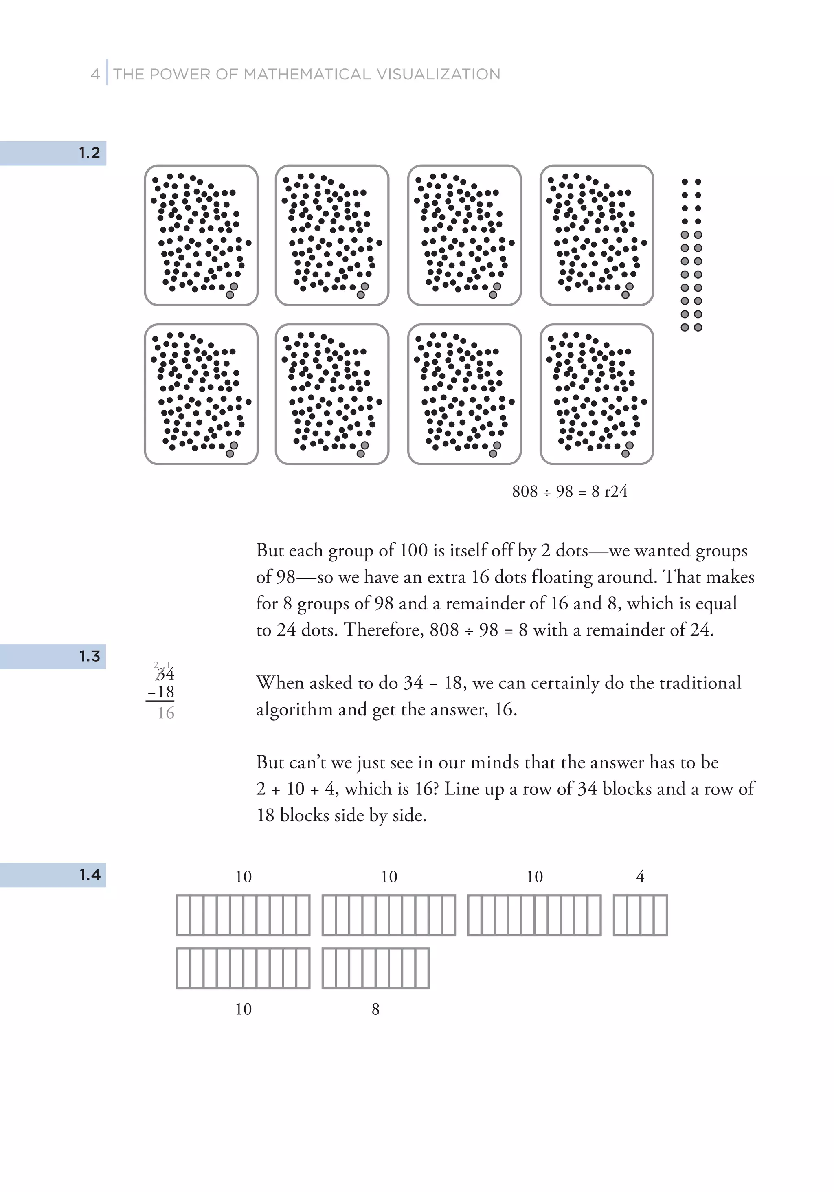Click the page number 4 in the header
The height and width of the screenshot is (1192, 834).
click(x=95, y=74)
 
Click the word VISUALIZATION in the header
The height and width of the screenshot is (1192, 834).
click(x=438, y=74)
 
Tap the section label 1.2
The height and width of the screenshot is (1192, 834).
click(x=89, y=153)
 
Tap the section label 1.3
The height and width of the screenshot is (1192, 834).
click(x=89, y=656)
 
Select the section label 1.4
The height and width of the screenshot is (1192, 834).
click(x=89, y=875)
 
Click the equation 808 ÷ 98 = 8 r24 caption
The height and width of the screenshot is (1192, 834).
click(x=569, y=491)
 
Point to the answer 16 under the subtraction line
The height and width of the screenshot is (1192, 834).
click(x=166, y=713)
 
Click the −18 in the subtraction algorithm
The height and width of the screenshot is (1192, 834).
click(x=161, y=692)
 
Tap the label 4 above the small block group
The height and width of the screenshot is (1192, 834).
click(x=640, y=877)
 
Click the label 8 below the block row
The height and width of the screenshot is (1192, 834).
click(x=375, y=1009)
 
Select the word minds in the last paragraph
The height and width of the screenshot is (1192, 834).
click(x=495, y=762)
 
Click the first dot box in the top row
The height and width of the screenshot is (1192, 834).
click(x=201, y=235)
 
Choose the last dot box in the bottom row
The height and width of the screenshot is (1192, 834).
click(x=597, y=394)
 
